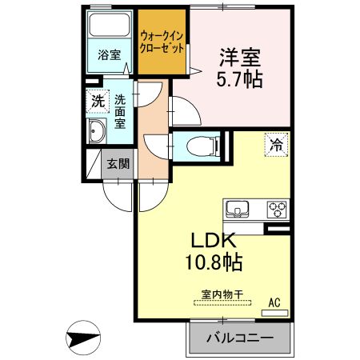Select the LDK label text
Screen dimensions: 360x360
210,240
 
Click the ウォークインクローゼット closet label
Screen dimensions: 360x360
162,42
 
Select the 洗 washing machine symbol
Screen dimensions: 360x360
97,102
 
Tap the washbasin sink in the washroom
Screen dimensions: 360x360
98,134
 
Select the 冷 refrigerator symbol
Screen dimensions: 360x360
275,146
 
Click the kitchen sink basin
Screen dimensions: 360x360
238,211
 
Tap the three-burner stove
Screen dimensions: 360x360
277,210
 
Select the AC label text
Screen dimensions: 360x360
274,302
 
